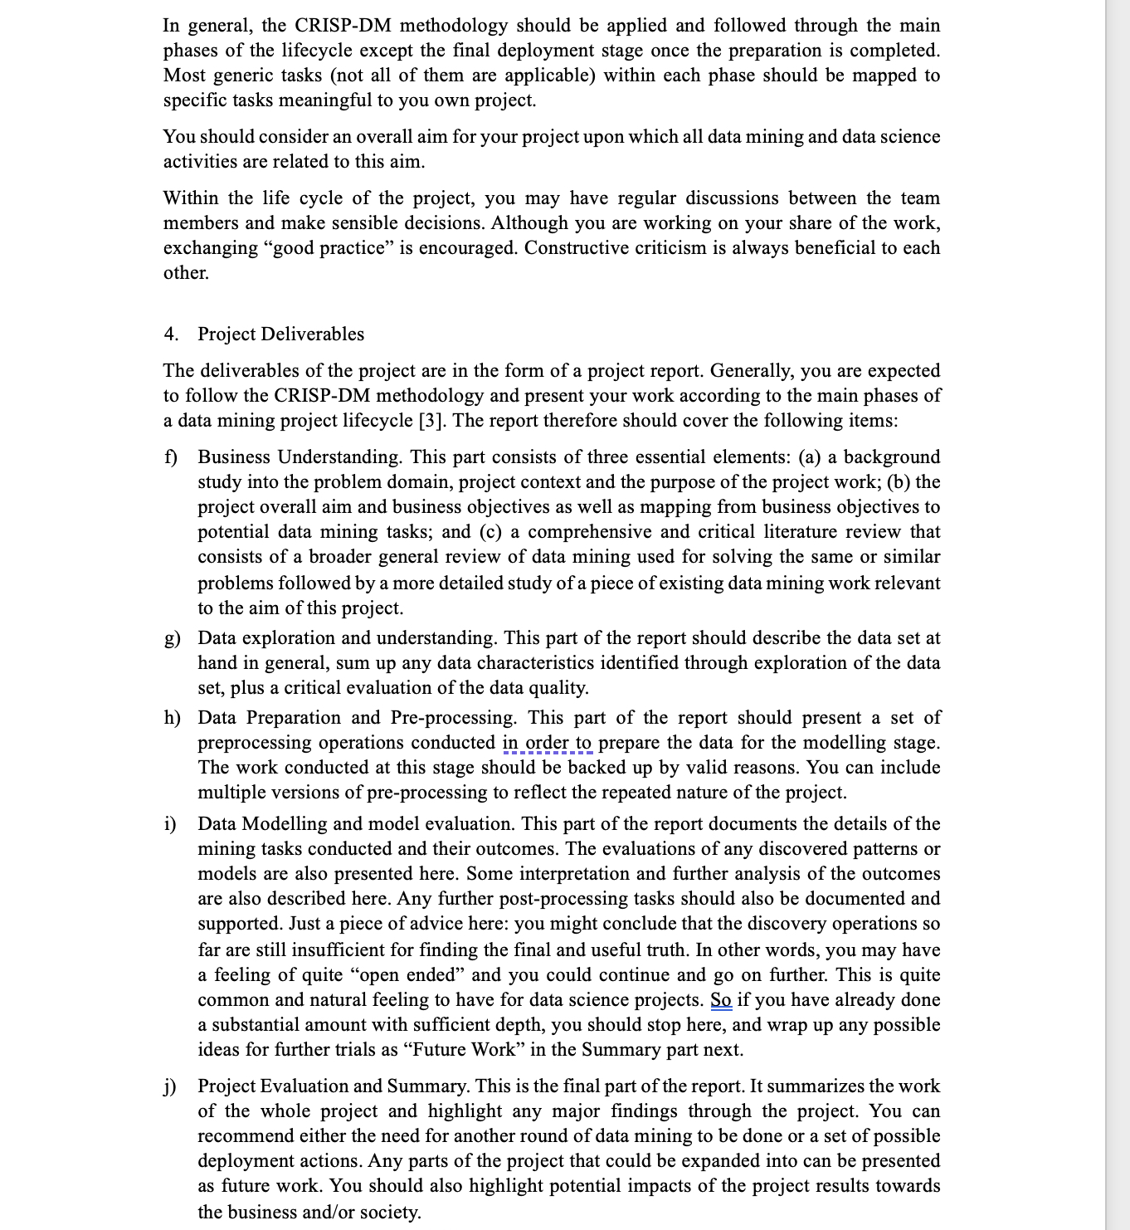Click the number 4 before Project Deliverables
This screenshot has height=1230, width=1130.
169,334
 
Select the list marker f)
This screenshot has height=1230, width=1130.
170,457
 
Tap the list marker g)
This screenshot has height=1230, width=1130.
172,638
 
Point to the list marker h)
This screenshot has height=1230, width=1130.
172,718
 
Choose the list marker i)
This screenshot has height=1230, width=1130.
169,824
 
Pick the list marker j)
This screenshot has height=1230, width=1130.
170,1086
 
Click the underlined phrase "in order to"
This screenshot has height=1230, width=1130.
547,743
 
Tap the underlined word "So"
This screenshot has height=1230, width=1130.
721,1000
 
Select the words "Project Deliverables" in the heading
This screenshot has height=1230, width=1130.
280,334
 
